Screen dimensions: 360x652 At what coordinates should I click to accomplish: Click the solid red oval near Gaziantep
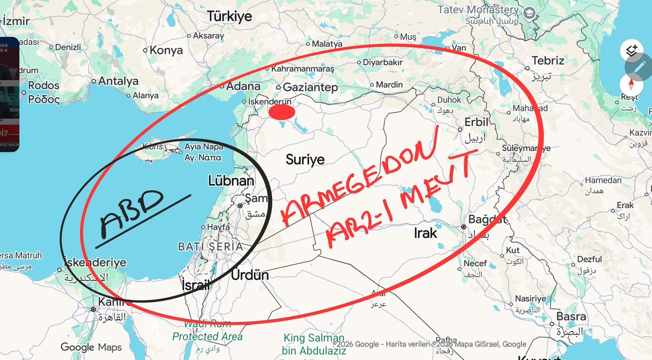283,112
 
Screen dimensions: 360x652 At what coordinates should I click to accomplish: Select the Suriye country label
305,160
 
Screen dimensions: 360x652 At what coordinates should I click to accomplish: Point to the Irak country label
425,233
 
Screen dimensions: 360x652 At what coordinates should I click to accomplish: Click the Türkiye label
230,17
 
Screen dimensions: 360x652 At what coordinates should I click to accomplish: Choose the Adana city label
243,86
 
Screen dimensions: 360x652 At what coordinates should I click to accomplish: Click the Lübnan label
231,181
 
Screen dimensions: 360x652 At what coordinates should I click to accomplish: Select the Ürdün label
250,275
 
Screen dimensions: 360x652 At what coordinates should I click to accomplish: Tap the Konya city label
166,50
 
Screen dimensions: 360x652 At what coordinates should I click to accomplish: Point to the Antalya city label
118,81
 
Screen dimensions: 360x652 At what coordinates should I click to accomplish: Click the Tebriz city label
548,60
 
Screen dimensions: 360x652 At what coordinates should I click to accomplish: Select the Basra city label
571,317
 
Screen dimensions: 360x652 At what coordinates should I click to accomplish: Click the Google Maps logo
91,347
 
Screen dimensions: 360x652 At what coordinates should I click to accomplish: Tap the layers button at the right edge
631,50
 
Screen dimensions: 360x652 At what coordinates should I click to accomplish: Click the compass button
631,84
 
